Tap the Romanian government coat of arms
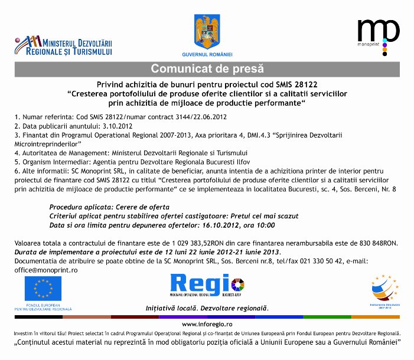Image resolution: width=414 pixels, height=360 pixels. tap(207, 31)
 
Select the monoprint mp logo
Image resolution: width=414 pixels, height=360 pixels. tap(378, 33)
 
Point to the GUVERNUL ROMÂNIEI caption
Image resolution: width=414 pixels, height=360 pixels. tap(207, 54)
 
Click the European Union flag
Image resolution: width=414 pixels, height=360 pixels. tap(43, 289)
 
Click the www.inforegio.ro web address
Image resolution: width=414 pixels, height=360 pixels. tap(207, 324)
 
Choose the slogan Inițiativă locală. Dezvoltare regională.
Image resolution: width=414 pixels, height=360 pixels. tap(207, 309)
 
